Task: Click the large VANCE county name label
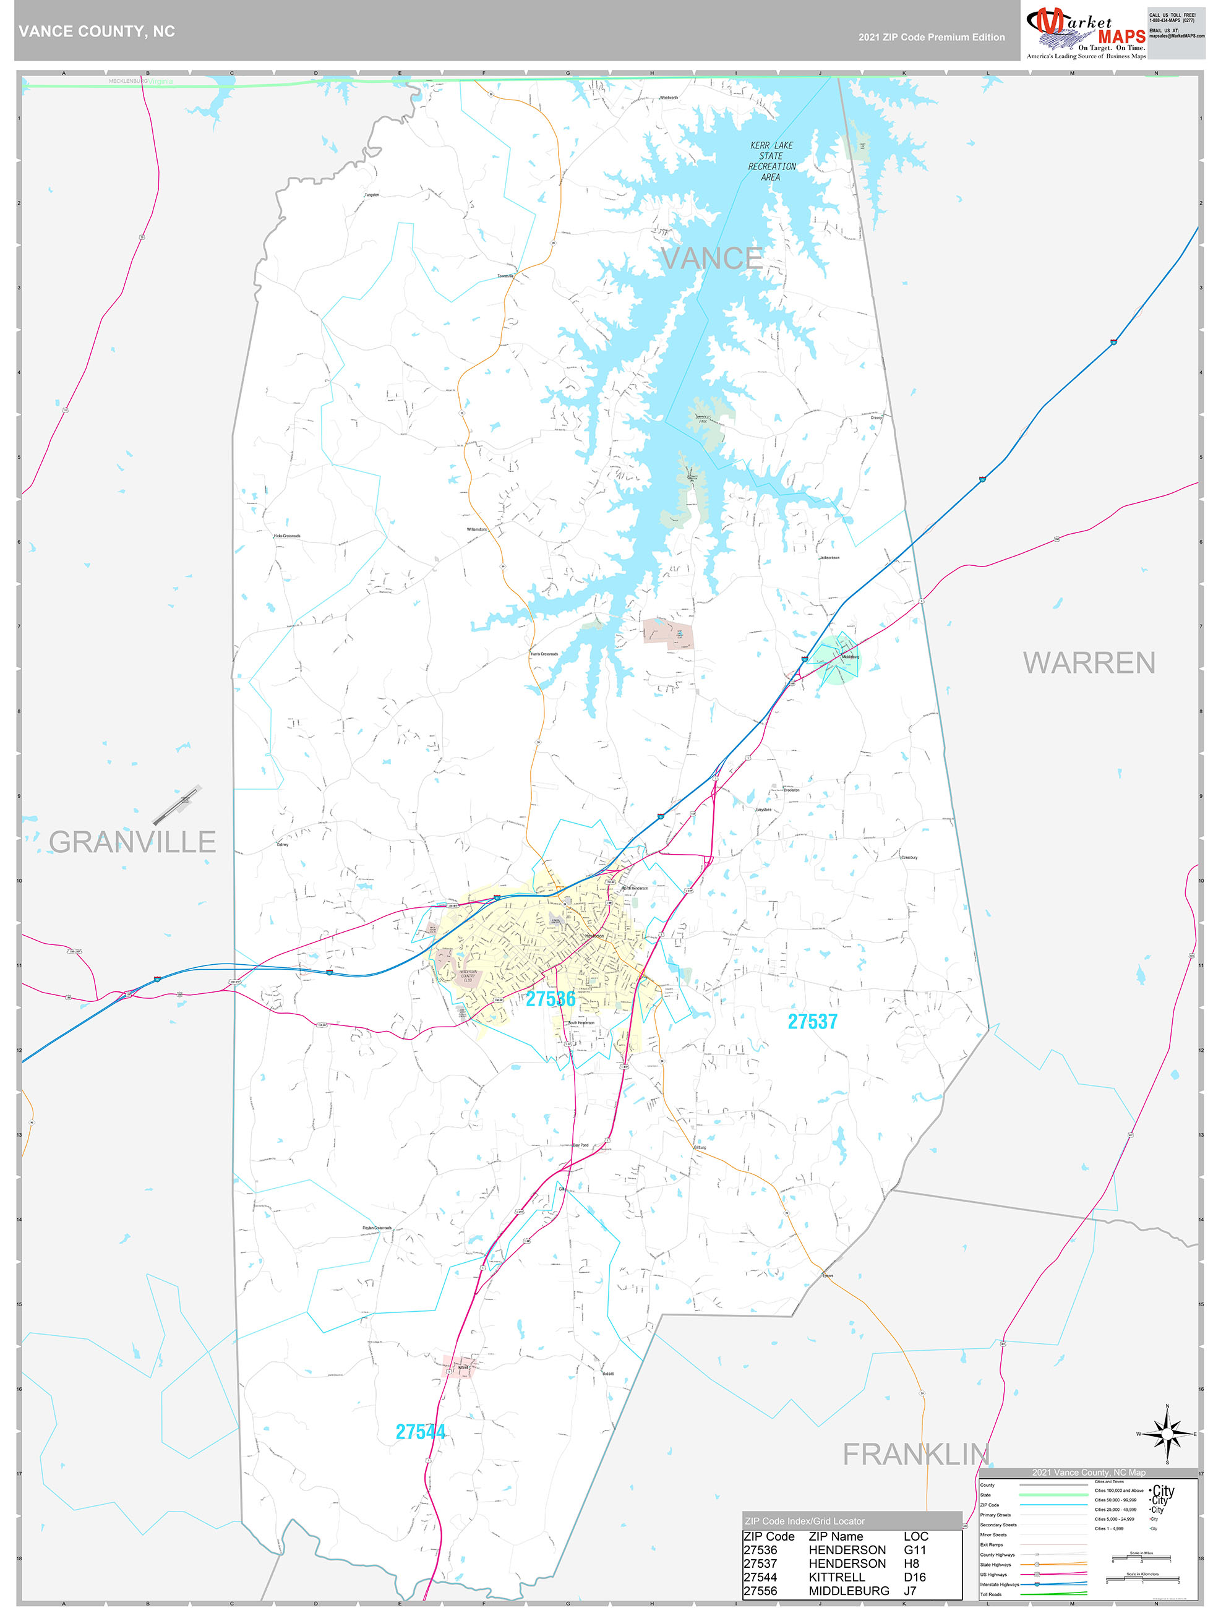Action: tap(711, 259)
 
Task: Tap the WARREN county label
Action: tap(1089, 663)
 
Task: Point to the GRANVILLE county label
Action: tap(132, 842)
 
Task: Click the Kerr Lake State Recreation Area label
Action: tap(771, 161)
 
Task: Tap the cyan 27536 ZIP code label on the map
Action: tap(551, 999)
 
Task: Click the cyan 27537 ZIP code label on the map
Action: tap(812, 1021)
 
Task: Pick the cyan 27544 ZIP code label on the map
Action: tap(421, 1431)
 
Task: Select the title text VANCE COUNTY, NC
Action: tap(96, 32)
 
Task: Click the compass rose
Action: tap(1167, 1434)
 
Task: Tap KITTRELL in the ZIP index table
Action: tap(836, 1576)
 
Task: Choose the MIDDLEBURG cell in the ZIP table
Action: tap(849, 1591)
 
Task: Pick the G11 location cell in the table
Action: tap(915, 1550)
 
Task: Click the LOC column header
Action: tap(915, 1536)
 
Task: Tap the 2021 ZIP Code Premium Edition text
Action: tap(931, 37)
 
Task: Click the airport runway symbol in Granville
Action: tap(177, 805)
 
